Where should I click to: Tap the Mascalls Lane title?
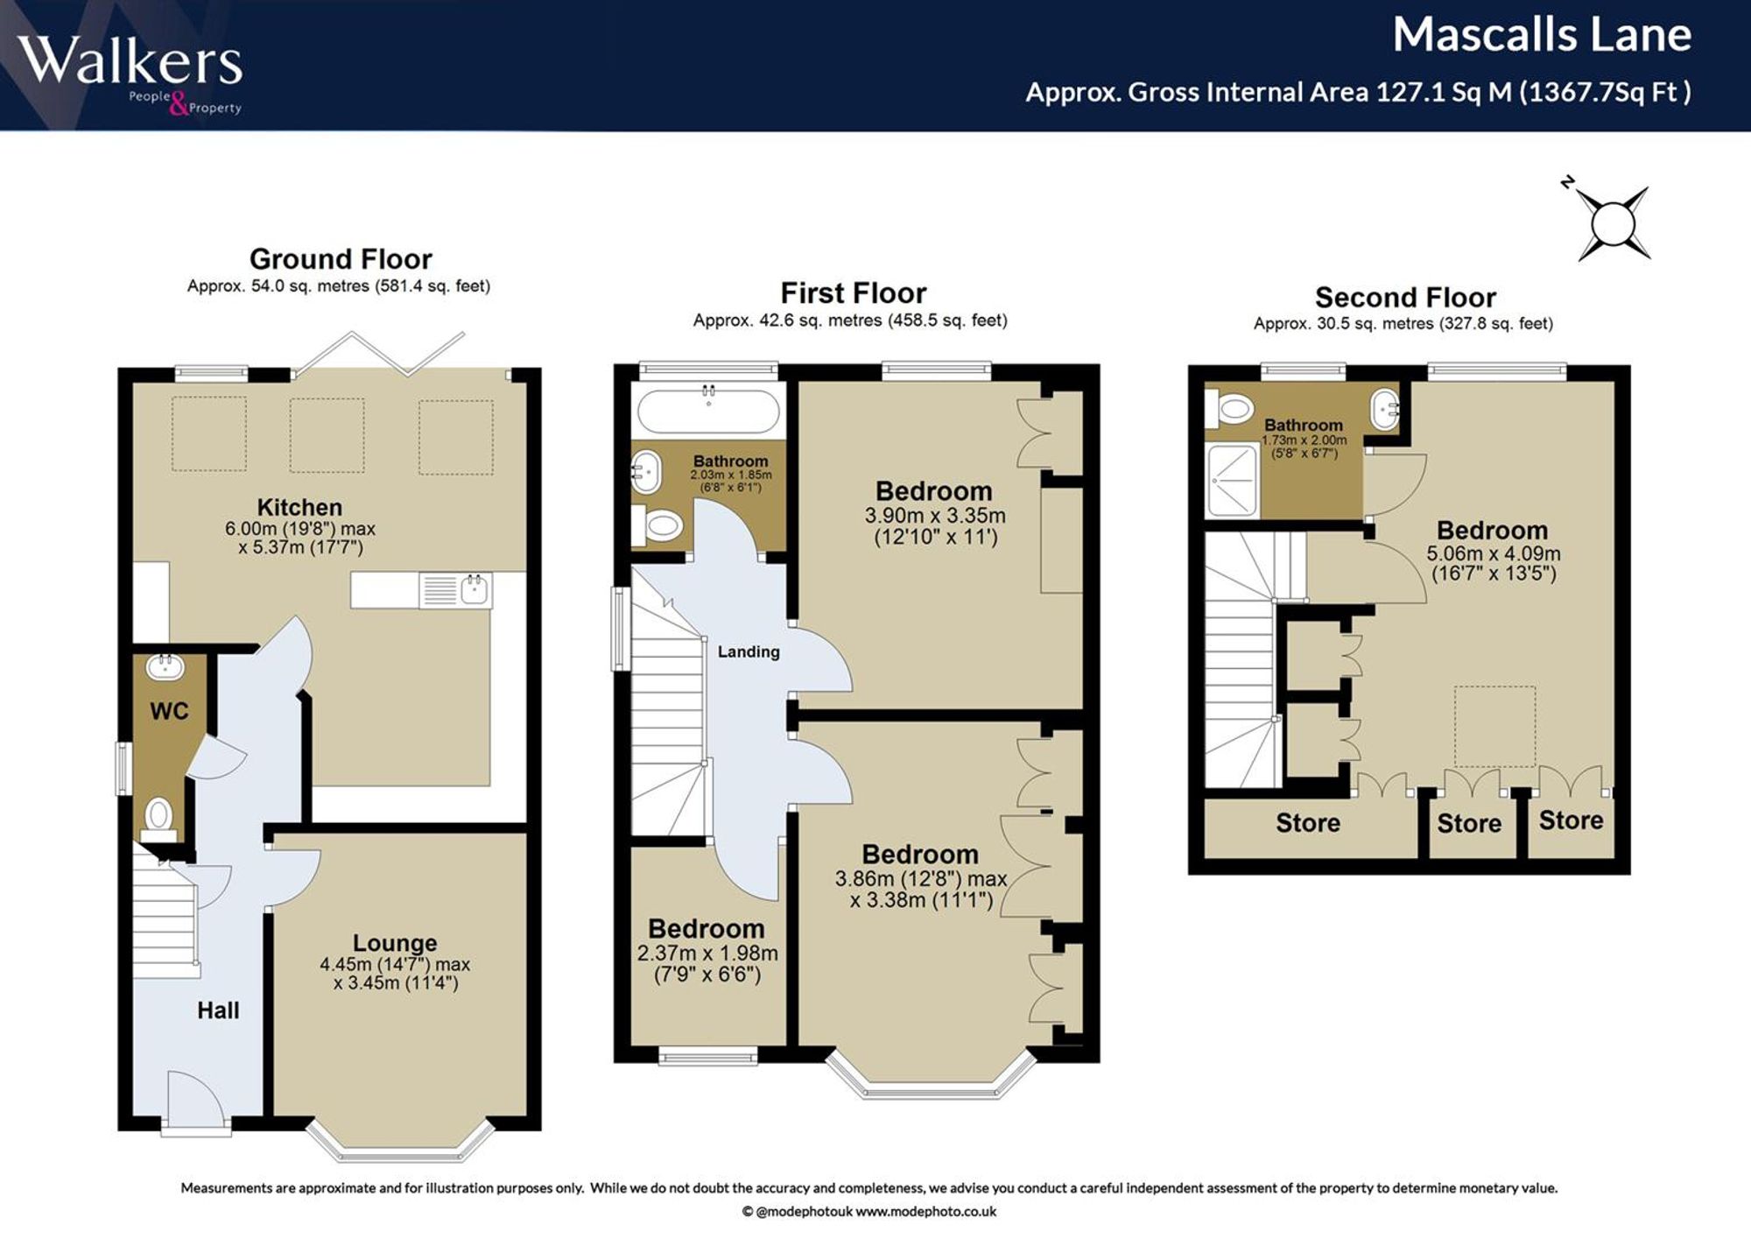point(1542,35)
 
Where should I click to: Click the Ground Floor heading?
point(341,259)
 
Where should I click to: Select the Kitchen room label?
point(299,507)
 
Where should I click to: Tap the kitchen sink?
point(455,590)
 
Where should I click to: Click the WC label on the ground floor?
point(169,711)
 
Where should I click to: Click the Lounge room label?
point(395,943)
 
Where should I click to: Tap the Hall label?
point(218,1010)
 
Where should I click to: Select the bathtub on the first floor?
point(708,410)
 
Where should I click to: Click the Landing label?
point(749,651)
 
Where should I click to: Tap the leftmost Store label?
point(1308,823)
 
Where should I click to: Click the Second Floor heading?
point(1405,298)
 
